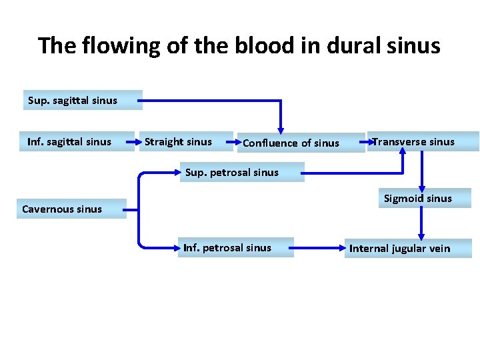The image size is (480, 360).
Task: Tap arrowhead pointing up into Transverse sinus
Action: pyautogui.click(x=402, y=150)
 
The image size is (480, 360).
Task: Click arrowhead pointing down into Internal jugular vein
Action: pyautogui.click(x=421, y=236)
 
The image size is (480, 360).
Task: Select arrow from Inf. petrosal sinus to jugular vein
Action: pyautogui.click(x=317, y=248)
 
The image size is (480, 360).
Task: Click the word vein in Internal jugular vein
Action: pyautogui.click(x=437, y=249)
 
